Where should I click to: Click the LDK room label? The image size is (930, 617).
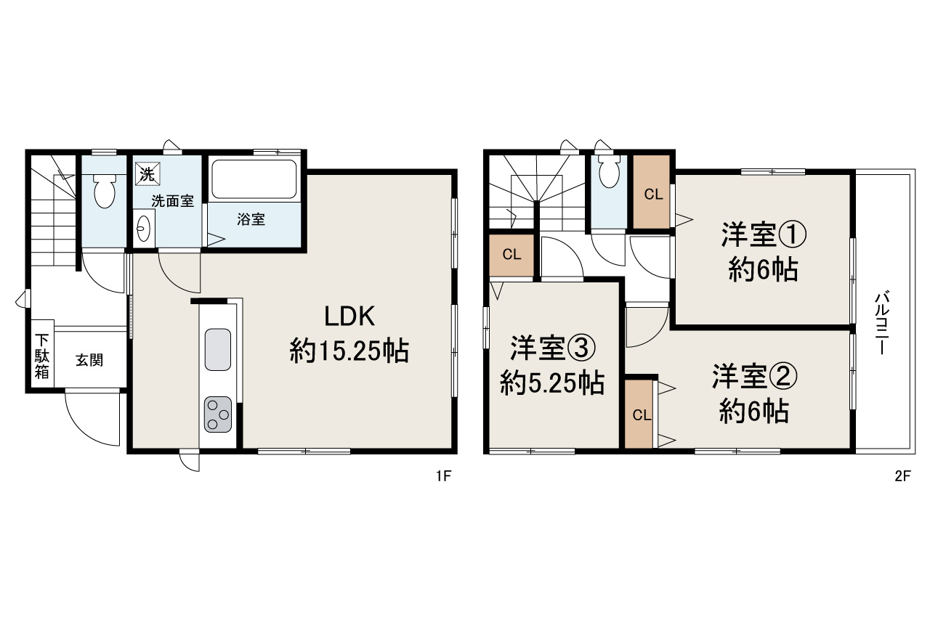click(x=349, y=317)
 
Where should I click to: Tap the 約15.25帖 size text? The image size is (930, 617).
click(x=349, y=353)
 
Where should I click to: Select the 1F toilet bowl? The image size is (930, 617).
click(x=105, y=190)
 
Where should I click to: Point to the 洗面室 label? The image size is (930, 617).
click(x=172, y=202)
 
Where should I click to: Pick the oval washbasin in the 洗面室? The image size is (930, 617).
click(x=142, y=229)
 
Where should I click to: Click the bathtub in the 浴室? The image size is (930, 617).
click(x=254, y=180)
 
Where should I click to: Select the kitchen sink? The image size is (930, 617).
click(x=218, y=349)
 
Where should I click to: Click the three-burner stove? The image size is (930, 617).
click(x=218, y=413)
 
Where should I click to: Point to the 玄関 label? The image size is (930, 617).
click(x=89, y=359)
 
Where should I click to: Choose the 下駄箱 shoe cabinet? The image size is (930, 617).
click(x=42, y=356)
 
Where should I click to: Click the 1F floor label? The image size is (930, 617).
click(x=443, y=476)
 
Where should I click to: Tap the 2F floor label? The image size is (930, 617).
click(x=902, y=476)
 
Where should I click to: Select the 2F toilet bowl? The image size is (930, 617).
click(x=609, y=172)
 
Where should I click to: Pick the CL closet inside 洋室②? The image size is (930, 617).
click(x=640, y=414)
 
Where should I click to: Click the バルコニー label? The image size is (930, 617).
click(x=883, y=324)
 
